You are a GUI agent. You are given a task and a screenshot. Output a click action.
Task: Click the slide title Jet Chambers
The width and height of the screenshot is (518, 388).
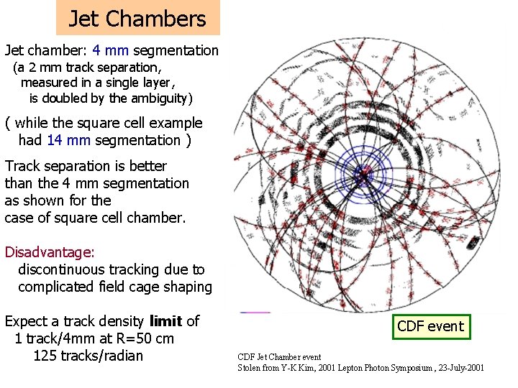(x=137, y=19)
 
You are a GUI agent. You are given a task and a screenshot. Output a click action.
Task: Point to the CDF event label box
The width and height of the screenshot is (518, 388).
(x=430, y=326)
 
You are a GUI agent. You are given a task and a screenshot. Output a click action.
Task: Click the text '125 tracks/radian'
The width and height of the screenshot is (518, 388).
(x=88, y=356)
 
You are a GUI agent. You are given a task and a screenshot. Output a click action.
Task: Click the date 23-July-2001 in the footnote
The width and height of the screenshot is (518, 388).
(x=458, y=368)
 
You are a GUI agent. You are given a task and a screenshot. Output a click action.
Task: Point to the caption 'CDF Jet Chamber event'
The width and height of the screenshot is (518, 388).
(x=279, y=357)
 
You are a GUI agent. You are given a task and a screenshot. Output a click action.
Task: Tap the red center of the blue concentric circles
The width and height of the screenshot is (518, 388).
(x=364, y=172)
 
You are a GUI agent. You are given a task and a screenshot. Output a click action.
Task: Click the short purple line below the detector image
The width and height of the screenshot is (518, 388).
(x=255, y=313)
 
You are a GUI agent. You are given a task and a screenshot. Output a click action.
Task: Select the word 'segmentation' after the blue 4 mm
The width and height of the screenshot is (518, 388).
(x=176, y=50)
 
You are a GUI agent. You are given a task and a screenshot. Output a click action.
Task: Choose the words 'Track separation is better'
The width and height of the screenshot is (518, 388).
(x=86, y=166)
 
